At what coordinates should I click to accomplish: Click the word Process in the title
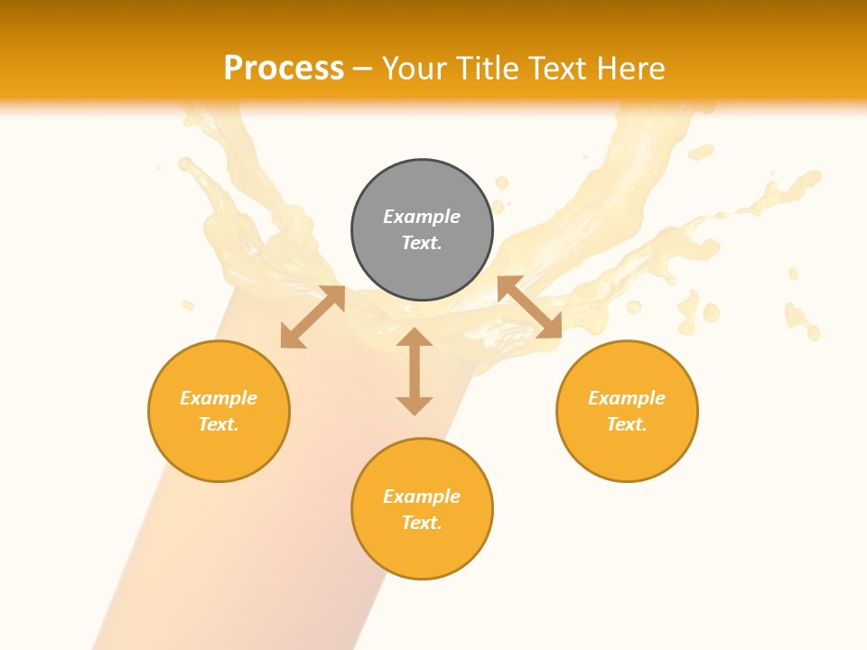tap(284, 69)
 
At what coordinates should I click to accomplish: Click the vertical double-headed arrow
tap(415, 371)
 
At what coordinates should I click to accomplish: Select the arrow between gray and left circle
tap(312, 317)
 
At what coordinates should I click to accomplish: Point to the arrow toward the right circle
tap(529, 307)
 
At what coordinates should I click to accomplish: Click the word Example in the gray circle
tap(422, 217)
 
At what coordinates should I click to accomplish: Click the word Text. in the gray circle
tap(422, 243)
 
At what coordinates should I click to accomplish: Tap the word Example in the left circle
tap(219, 398)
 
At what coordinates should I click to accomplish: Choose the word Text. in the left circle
tap(219, 424)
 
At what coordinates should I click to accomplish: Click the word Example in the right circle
tap(627, 398)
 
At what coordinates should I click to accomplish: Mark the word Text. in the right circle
tap(627, 424)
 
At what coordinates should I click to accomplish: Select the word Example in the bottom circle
tap(422, 497)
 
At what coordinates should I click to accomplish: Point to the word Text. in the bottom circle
tap(422, 523)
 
